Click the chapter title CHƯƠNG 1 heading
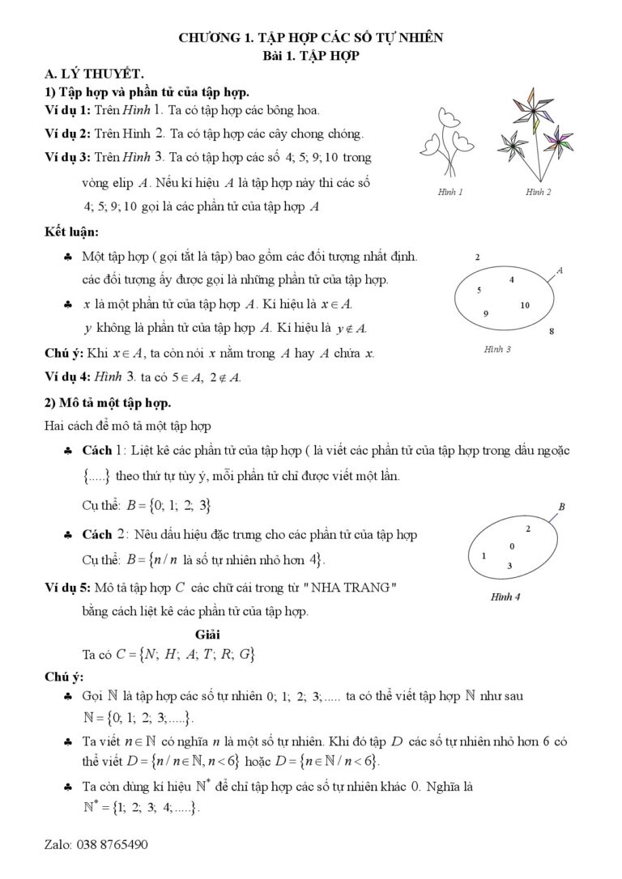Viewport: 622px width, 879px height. (310, 37)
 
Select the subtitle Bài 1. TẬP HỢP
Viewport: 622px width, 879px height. (310, 55)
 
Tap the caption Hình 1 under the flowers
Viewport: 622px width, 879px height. (450, 193)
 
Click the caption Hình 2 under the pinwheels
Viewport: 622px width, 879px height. (538, 193)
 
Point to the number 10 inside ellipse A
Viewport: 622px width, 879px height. (525, 305)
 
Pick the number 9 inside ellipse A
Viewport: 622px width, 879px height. (486, 313)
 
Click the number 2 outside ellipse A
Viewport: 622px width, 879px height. (478, 257)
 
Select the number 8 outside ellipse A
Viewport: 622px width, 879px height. (552, 331)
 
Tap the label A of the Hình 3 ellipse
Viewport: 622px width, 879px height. (560, 270)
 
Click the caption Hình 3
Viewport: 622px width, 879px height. (497, 350)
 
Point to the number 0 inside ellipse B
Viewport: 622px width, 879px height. (512, 546)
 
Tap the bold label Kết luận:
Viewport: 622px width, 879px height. (71, 232)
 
